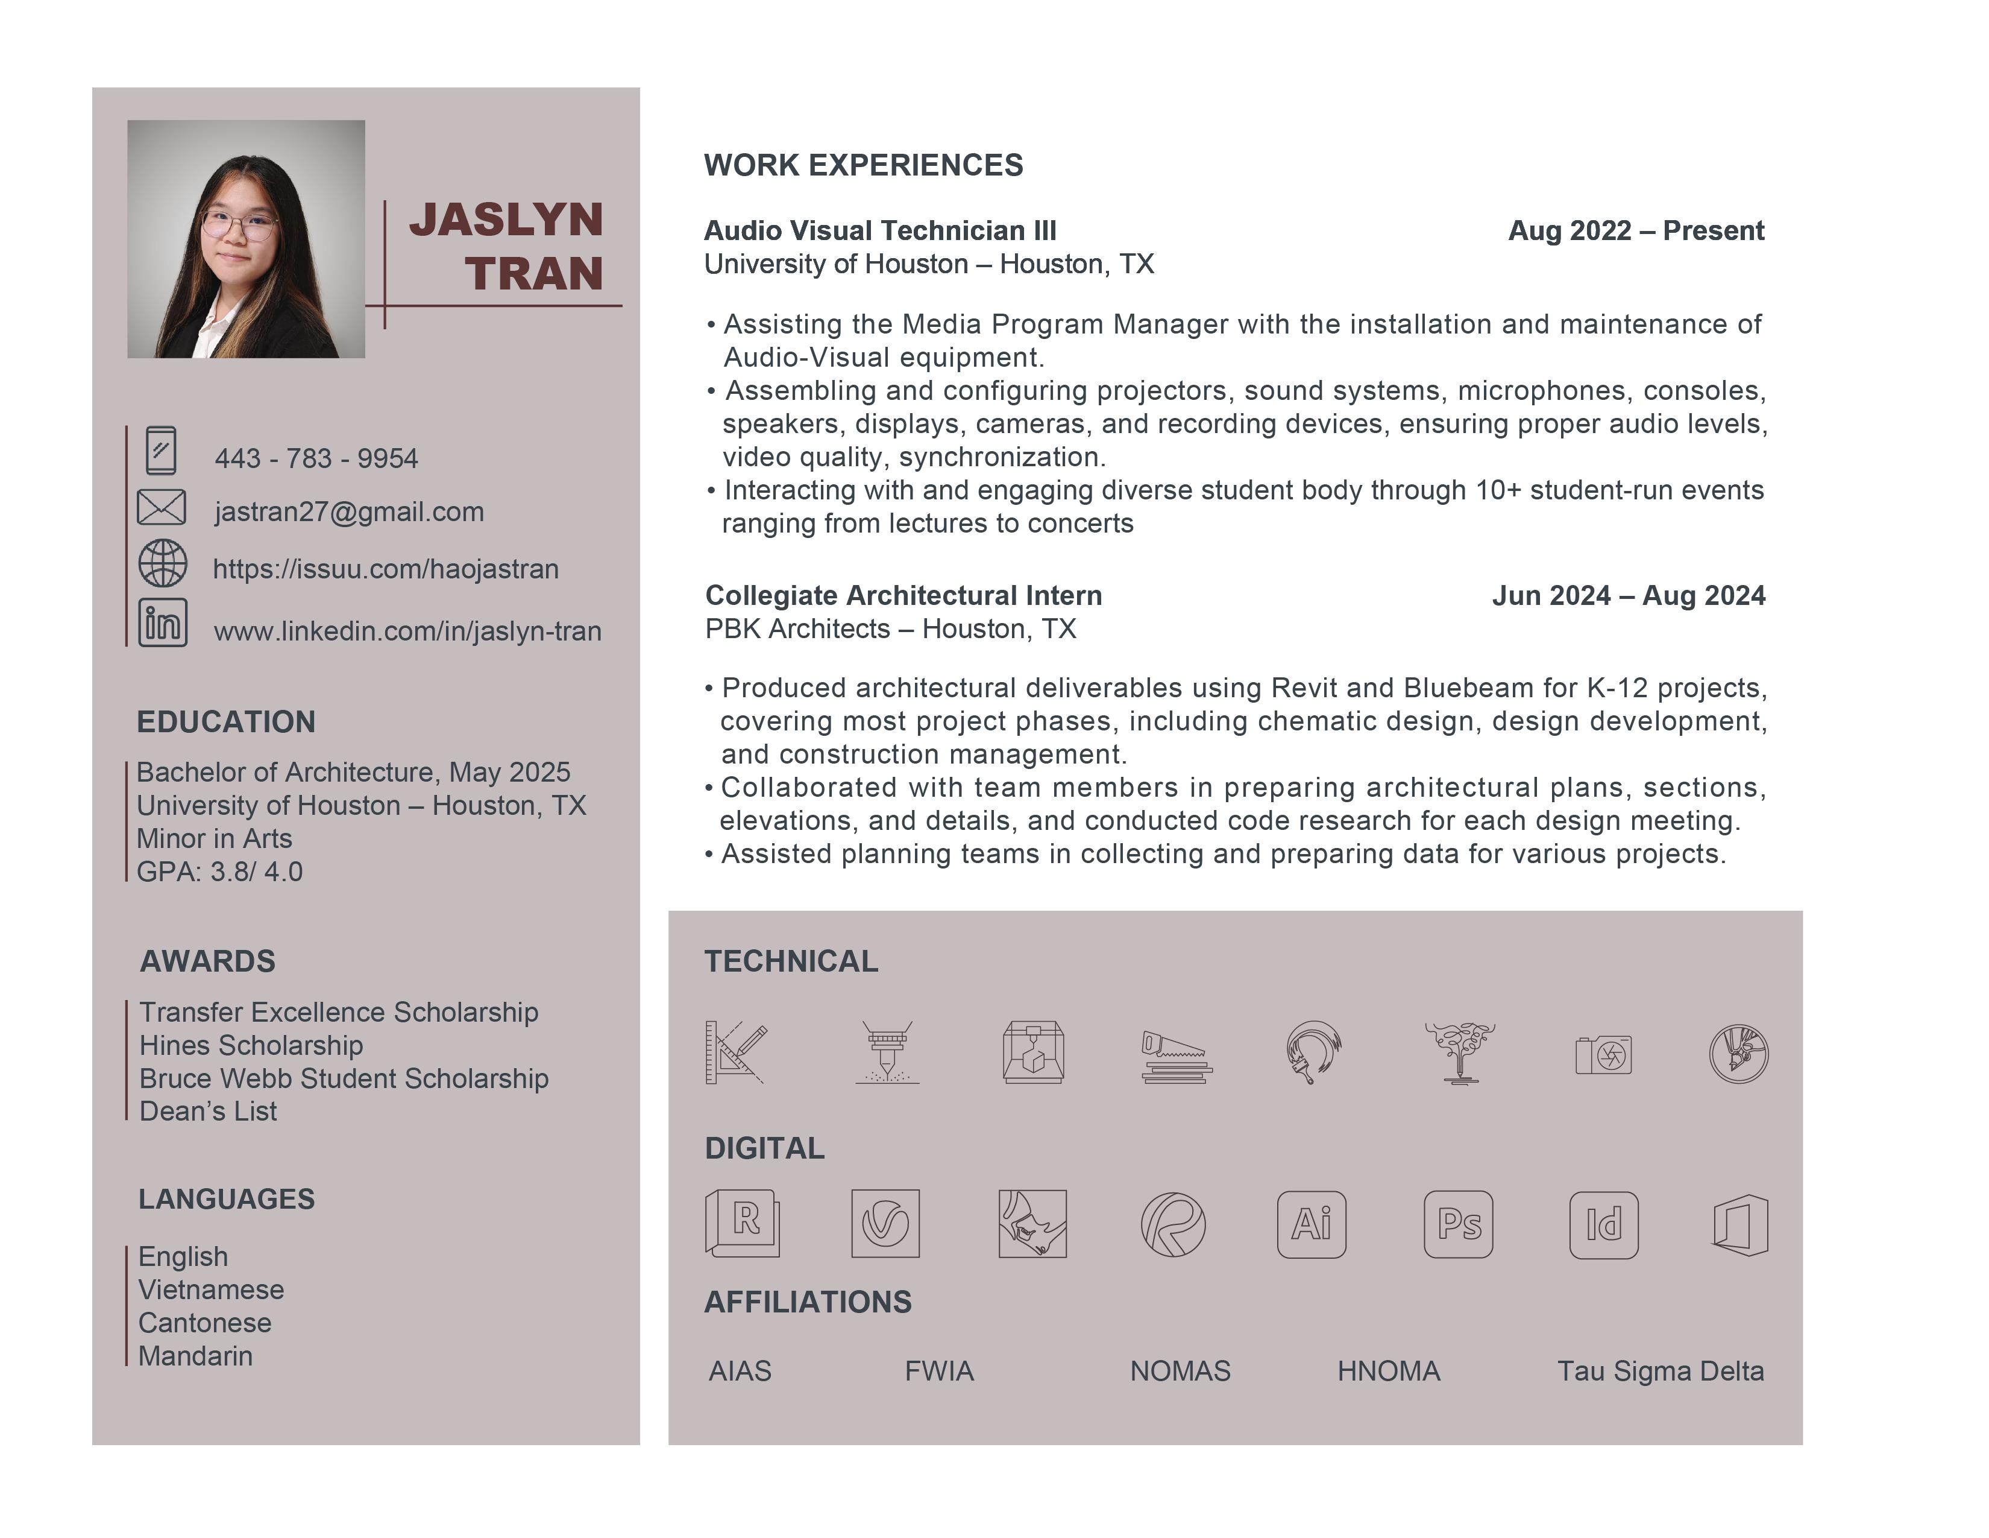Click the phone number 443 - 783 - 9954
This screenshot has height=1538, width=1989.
pyautogui.click(x=316, y=458)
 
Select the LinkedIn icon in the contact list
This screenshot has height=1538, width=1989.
pyautogui.click(x=163, y=623)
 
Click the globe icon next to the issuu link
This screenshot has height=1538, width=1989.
pyautogui.click(x=163, y=563)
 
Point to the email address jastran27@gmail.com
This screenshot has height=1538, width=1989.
pyautogui.click(x=349, y=512)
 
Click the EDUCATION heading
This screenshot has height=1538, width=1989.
pyautogui.click(x=226, y=721)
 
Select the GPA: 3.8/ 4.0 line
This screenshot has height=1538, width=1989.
pyautogui.click(x=219, y=872)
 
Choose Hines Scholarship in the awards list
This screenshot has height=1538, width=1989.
pyautogui.click(x=251, y=1045)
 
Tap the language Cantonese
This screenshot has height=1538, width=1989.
pyautogui.click(x=205, y=1323)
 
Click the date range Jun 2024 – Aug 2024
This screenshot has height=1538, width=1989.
pyautogui.click(x=1629, y=596)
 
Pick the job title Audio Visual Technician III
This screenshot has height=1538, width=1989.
pyautogui.click(x=880, y=230)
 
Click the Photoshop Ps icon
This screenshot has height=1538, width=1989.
pyautogui.click(x=1458, y=1224)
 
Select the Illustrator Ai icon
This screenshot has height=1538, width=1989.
pyautogui.click(x=1312, y=1224)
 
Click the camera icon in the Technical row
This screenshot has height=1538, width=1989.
pyautogui.click(x=1604, y=1055)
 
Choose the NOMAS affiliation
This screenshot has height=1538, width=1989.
pyautogui.click(x=1180, y=1372)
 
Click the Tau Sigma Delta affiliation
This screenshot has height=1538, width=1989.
pyautogui.click(x=1661, y=1372)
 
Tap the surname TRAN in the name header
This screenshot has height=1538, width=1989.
pyautogui.click(x=535, y=273)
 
